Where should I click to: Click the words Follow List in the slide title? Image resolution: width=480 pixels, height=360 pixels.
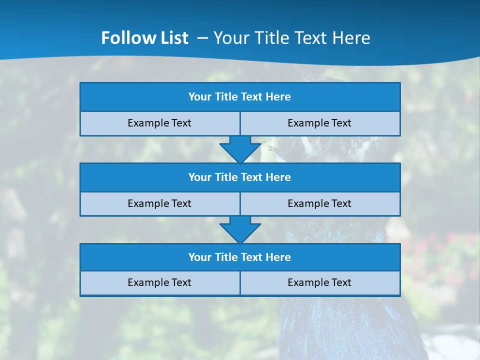(x=144, y=38)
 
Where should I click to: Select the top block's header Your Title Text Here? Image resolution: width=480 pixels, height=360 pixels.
(x=239, y=97)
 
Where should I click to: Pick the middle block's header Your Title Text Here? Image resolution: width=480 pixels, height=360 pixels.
(x=239, y=177)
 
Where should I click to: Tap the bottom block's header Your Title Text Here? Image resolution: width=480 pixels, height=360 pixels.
(x=239, y=257)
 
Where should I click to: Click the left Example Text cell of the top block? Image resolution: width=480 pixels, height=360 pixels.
(x=159, y=123)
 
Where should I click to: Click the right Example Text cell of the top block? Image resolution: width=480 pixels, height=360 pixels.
(x=319, y=123)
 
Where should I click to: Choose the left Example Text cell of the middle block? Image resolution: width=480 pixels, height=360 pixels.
(x=159, y=203)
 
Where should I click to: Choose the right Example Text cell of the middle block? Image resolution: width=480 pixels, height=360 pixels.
(x=319, y=203)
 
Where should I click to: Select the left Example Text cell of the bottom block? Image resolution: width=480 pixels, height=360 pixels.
(x=159, y=282)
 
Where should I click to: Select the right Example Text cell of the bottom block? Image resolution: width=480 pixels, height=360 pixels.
(x=319, y=282)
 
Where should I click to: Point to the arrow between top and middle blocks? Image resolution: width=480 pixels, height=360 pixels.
(x=240, y=149)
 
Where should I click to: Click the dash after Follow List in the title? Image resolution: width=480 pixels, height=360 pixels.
(x=203, y=38)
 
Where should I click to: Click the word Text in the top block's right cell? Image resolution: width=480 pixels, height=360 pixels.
(x=341, y=123)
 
